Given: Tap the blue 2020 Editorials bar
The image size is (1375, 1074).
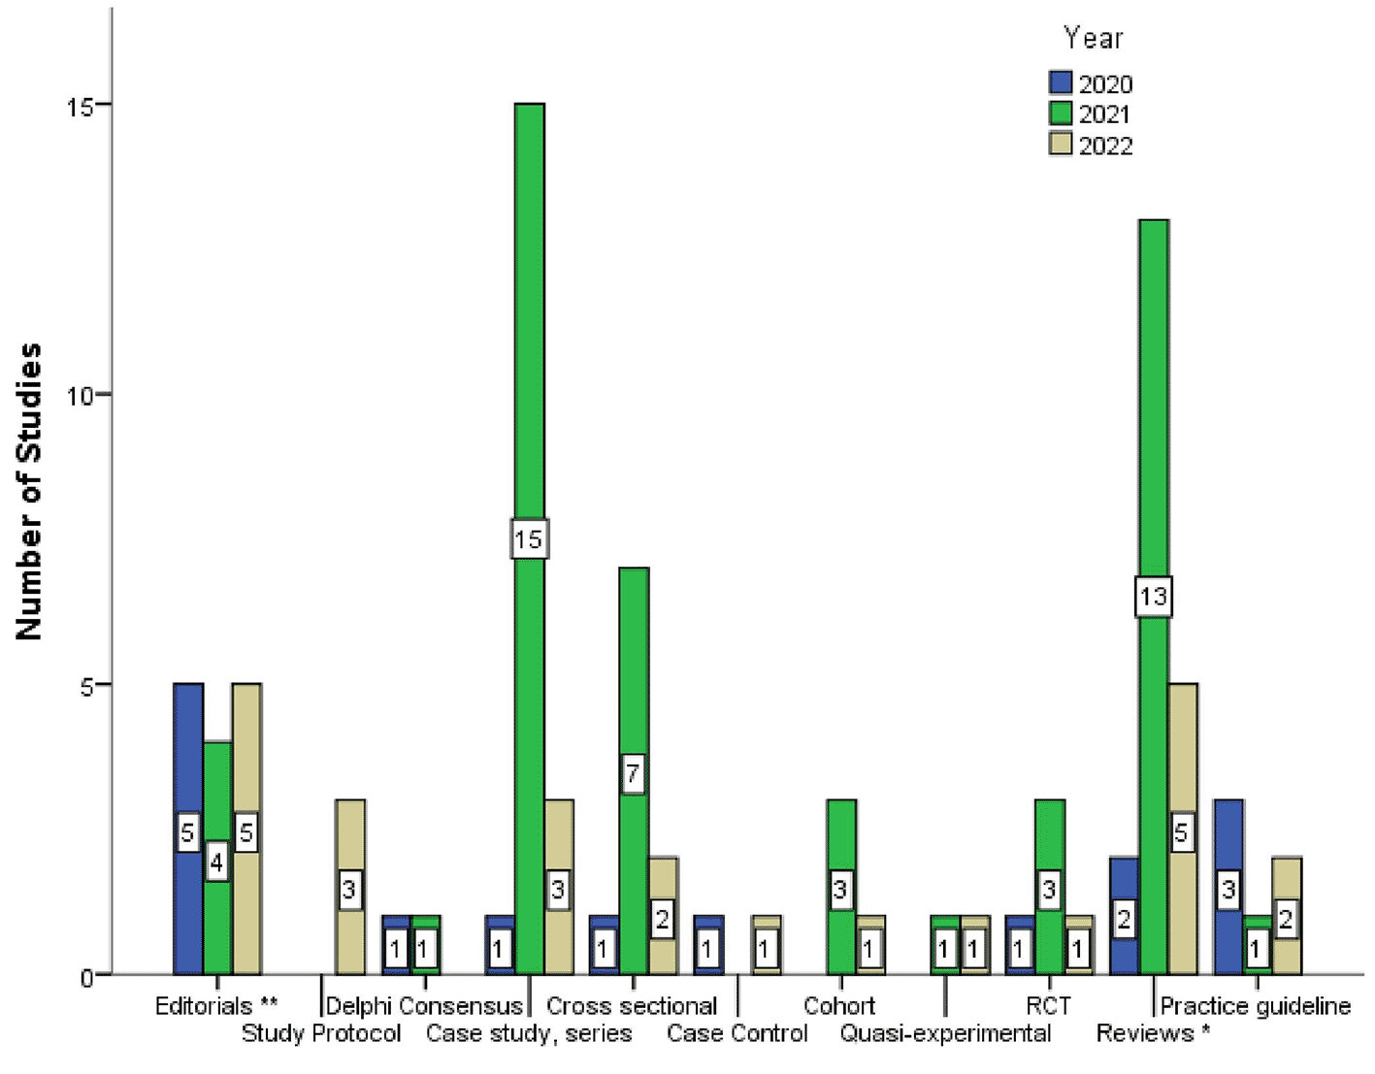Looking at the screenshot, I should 188,757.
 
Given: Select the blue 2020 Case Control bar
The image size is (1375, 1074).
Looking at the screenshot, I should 708,946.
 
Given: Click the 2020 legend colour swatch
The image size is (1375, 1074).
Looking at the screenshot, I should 1061,82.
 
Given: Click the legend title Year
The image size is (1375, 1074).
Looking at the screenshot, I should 1093,38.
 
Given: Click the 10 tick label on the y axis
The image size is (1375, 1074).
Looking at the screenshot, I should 85,395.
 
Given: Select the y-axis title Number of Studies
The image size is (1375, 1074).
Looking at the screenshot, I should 29,491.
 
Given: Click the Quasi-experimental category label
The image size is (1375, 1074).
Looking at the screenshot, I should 945,1033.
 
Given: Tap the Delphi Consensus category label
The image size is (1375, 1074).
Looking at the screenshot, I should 424,1006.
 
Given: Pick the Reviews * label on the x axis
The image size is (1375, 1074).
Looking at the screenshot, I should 1153,1033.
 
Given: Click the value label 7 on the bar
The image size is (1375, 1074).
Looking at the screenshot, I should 633,773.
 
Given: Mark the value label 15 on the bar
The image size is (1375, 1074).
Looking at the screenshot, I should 529,538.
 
